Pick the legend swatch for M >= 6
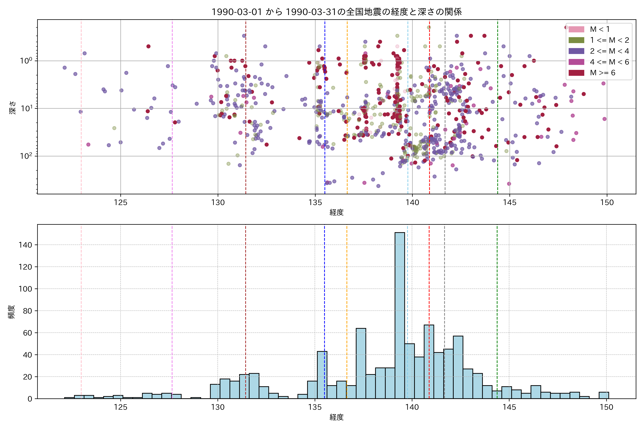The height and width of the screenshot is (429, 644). click(576, 73)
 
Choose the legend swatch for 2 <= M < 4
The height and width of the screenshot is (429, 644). click(576, 51)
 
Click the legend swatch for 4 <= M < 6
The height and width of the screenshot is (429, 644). click(576, 62)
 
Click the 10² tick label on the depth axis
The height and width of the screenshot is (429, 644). click(26, 156)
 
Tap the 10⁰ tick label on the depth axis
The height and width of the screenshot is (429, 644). click(26, 61)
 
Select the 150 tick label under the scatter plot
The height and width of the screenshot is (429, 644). click(607, 203)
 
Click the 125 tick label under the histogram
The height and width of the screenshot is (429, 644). click(121, 407)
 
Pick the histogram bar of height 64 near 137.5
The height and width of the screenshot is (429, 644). click(361, 364)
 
